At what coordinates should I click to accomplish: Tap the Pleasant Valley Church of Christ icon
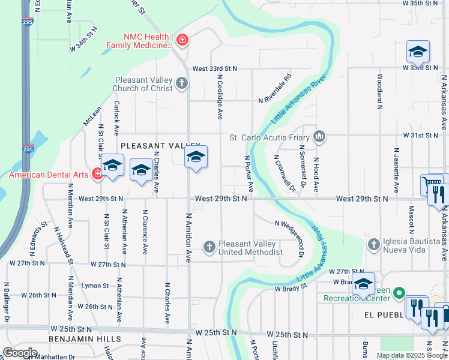pos(182,84)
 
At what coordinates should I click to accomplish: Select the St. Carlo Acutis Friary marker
pos(320,137)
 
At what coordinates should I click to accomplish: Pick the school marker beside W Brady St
pos(363,284)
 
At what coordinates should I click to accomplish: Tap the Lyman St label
pos(95,286)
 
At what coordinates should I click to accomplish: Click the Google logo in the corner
pos(20,353)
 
